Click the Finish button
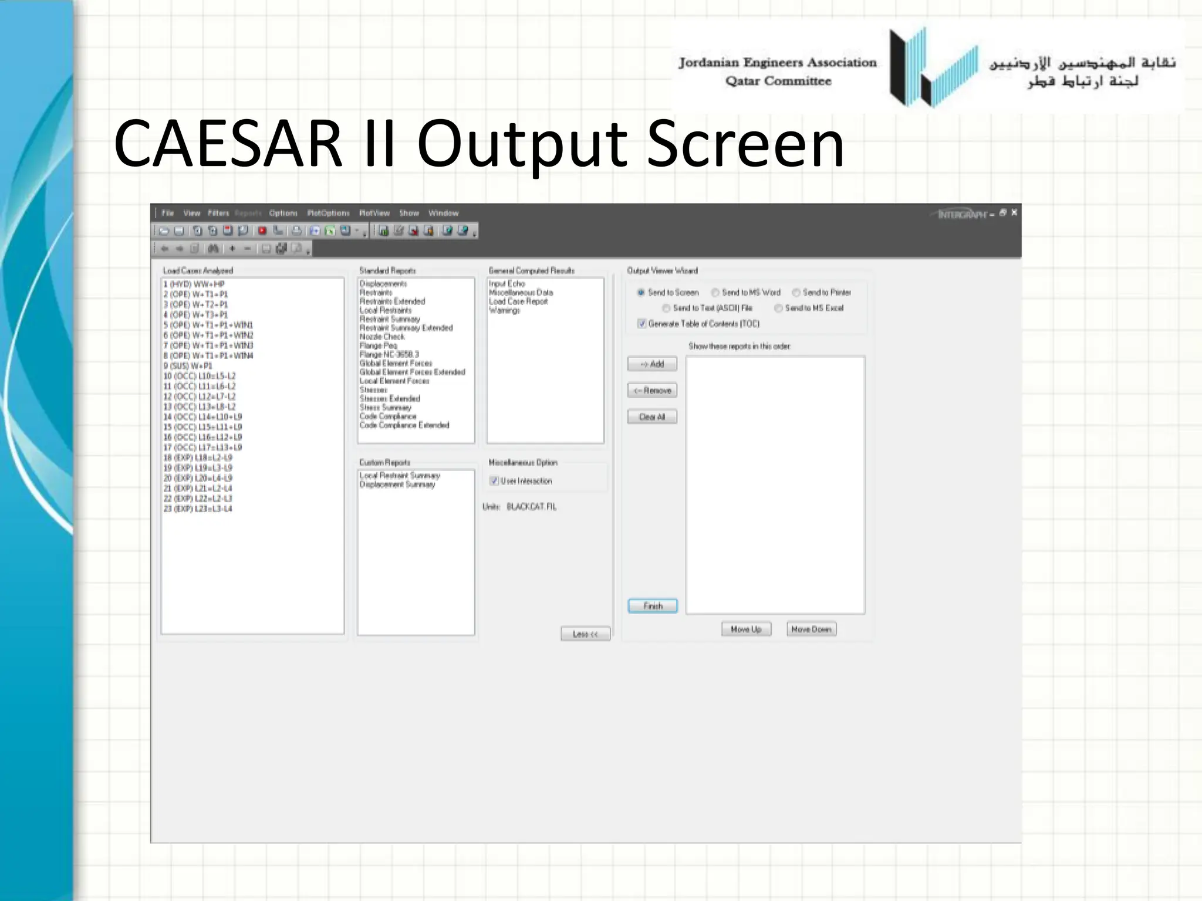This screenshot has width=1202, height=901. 652,606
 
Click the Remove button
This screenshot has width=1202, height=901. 652,391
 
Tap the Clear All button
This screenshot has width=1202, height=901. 652,417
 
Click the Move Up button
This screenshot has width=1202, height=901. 746,629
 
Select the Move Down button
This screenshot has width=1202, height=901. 811,629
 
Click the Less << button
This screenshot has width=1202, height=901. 585,634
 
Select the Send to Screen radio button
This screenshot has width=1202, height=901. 641,292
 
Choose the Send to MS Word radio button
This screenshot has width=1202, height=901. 715,292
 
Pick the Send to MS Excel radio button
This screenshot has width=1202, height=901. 778,308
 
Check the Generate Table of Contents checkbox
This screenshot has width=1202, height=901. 641,324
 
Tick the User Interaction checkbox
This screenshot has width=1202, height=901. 494,481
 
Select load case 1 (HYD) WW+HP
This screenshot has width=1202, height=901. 194,284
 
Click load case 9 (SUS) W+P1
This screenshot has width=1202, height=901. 188,366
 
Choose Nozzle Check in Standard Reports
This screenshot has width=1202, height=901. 382,337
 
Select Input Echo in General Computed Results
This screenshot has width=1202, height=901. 507,284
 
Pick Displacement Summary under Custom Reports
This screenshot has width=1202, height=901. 397,485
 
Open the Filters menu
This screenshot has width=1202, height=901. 218,214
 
